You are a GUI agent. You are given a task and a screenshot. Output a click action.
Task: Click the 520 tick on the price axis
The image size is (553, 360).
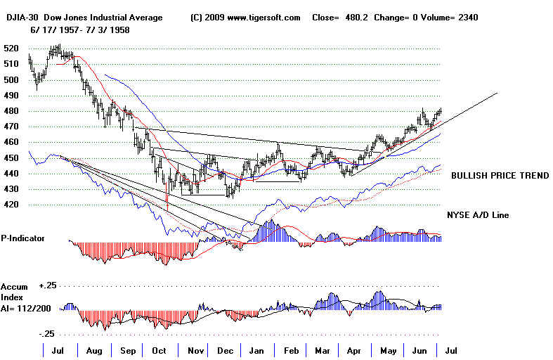12,49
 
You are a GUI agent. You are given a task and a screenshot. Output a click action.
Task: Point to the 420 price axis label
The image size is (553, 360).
12,205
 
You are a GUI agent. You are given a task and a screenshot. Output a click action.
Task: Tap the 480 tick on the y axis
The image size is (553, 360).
12,111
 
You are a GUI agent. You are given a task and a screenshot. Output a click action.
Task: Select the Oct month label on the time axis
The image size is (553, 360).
160,349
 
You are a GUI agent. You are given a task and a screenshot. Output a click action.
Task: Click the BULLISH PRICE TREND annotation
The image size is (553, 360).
500,176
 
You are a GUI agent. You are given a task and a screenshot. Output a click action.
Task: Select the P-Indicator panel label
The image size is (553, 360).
22,238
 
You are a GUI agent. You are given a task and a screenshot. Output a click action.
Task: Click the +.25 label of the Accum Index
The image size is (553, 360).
48,286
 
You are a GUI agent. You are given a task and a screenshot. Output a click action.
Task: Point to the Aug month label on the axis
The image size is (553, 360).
93,349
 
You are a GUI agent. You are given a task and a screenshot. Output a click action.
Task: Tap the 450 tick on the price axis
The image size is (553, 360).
12,158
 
